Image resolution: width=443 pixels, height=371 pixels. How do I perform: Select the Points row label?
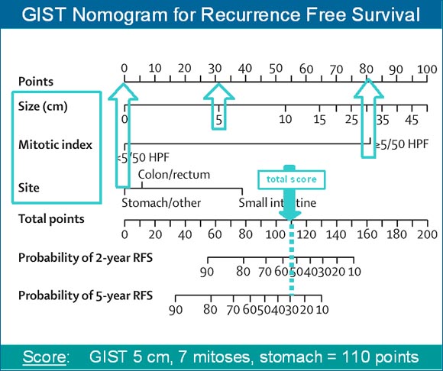pyautogui.click(x=36, y=81)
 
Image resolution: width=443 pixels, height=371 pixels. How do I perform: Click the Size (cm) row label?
pyautogui.click(x=43, y=106)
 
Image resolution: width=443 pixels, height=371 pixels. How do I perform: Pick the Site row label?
pyautogui.click(x=28, y=186)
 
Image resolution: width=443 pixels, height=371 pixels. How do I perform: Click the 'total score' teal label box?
pyautogui.click(x=290, y=179)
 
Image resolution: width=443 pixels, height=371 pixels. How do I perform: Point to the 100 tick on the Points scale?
pyautogui.click(x=425, y=69)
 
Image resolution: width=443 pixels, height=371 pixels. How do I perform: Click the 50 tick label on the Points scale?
pyautogui.click(x=275, y=69)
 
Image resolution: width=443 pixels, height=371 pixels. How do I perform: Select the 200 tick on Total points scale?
pyautogui.click(x=425, y=234)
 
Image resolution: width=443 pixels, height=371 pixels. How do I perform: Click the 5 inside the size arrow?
pyautogui.click(x=218, y=121)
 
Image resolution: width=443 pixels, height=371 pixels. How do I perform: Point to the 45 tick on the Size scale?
pyautogui.click(x=411, y=120)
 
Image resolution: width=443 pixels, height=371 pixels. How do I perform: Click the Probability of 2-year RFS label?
pyautogui.click(x=85, y=257)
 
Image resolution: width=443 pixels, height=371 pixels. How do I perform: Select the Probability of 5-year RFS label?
pyautogui.click(x=85, y=295)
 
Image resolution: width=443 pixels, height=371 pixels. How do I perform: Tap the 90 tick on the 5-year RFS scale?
pyautogui.click(x=176, y=309)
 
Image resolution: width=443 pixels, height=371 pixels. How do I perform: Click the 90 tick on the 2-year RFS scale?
pyautogui.click(x=206, y=272)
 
